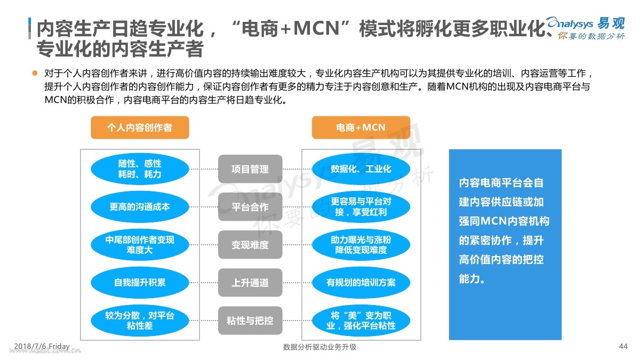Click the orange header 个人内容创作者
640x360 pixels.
click(140, 127)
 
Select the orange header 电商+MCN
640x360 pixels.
click(361, 127)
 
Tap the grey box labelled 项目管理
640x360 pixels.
click(250, 169)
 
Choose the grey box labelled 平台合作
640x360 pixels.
click(250, 207)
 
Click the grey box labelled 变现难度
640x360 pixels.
click(250, 245)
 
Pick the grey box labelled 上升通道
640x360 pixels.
click(250, 283)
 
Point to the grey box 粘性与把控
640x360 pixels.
click(250, 321)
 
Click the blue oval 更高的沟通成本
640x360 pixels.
click(140, 207)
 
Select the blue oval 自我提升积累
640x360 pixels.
click(140, 283)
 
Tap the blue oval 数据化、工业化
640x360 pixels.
click(361, 169)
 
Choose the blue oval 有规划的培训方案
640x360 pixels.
click(361, 283)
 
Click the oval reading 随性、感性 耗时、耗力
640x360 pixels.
click(140, 169)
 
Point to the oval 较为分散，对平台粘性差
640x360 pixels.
click(140, 321)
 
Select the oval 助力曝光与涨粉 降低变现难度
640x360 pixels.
click(361, 245)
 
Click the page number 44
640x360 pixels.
click(623, 346)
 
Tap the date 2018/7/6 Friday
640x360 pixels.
click(42, 346)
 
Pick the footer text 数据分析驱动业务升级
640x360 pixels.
click(319, 347)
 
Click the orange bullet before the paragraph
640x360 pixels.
click(35, 73)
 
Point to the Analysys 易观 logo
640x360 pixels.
click(586, 28)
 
